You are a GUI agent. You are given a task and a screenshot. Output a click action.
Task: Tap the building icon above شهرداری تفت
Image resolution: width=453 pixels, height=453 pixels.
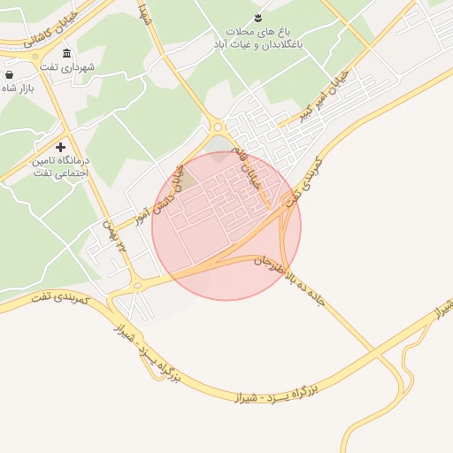click(x=68, y=51)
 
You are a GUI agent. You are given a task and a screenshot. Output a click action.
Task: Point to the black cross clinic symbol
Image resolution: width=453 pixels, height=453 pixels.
click(x=60, y=147)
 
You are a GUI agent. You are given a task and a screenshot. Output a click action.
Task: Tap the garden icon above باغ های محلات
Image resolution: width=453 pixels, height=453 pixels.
click(x=257, y=17)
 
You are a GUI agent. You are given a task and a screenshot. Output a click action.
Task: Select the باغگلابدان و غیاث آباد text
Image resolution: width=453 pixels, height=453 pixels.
click(x=260, y=42)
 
